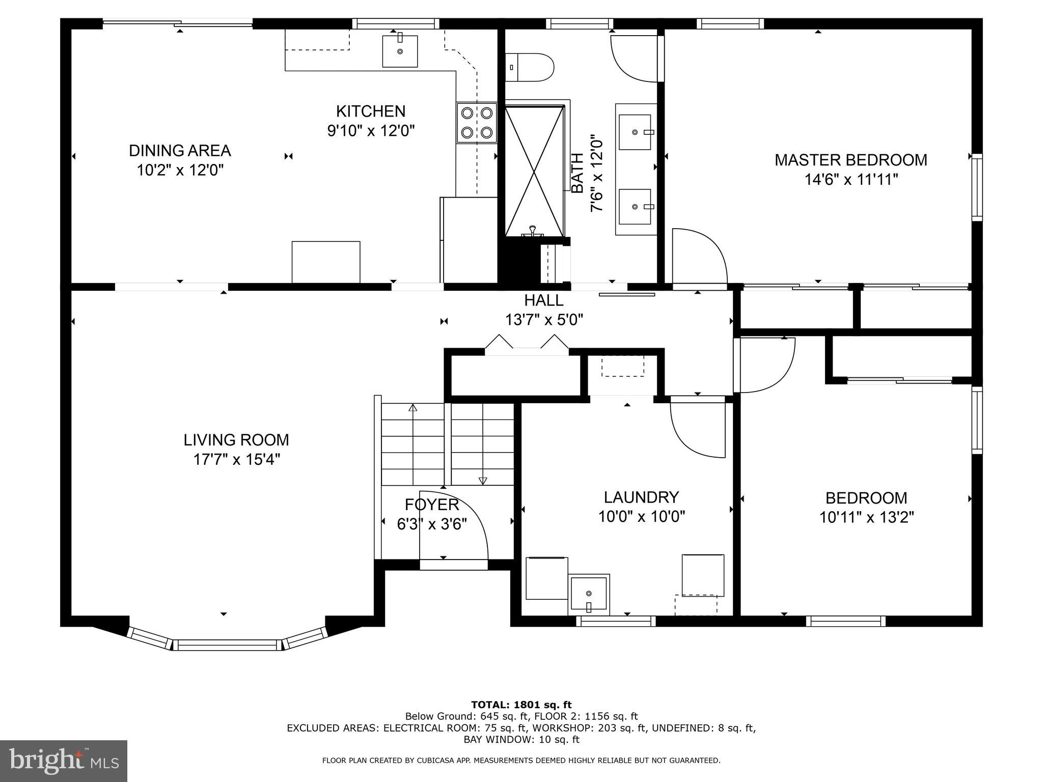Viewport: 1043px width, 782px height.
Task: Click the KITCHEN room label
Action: pyautogui.click(x=371, y=111)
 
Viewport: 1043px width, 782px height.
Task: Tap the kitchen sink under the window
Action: pyautogui.click(x=400, y=51)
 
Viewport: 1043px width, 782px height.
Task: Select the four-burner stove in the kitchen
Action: pyautogui.click(x=477, y=123)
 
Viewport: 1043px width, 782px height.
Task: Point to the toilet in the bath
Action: pyautogui.click(x=530, y=67)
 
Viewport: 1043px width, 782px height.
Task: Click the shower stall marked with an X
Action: pyautogui.click(x=534, y=171)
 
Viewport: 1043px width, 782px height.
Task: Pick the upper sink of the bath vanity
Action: pyautogui.click(x=635, y=132)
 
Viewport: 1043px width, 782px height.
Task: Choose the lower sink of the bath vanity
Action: pyautogui.click(x=635, y=207)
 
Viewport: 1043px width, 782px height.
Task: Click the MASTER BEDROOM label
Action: pyautogui.click(x=850, y=160)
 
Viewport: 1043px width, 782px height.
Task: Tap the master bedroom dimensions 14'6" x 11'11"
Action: pyautogui.click(x=850, y=180)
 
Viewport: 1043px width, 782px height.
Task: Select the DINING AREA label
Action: pyautogui.click(x=180, y=151)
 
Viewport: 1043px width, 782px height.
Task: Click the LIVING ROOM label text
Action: pyautogui.click(x=236, y=440)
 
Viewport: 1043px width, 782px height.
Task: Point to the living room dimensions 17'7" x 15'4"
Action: pyautogui.click(x=236, y=460)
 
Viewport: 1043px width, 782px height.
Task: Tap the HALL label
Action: pyautogui.click(x=544, y=300)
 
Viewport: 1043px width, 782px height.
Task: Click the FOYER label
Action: pyautogui.click(x=432, y=505)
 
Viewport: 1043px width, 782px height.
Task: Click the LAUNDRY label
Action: pyautogui.click(x=642, y=497)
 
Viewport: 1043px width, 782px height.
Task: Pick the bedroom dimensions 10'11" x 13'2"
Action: pyautogui.click(x=866, y=517)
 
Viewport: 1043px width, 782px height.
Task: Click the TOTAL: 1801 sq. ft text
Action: pyautogui.click(x=521, y=705)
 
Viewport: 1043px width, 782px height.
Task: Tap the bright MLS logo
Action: pyautogui.click(x=64, y=761)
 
